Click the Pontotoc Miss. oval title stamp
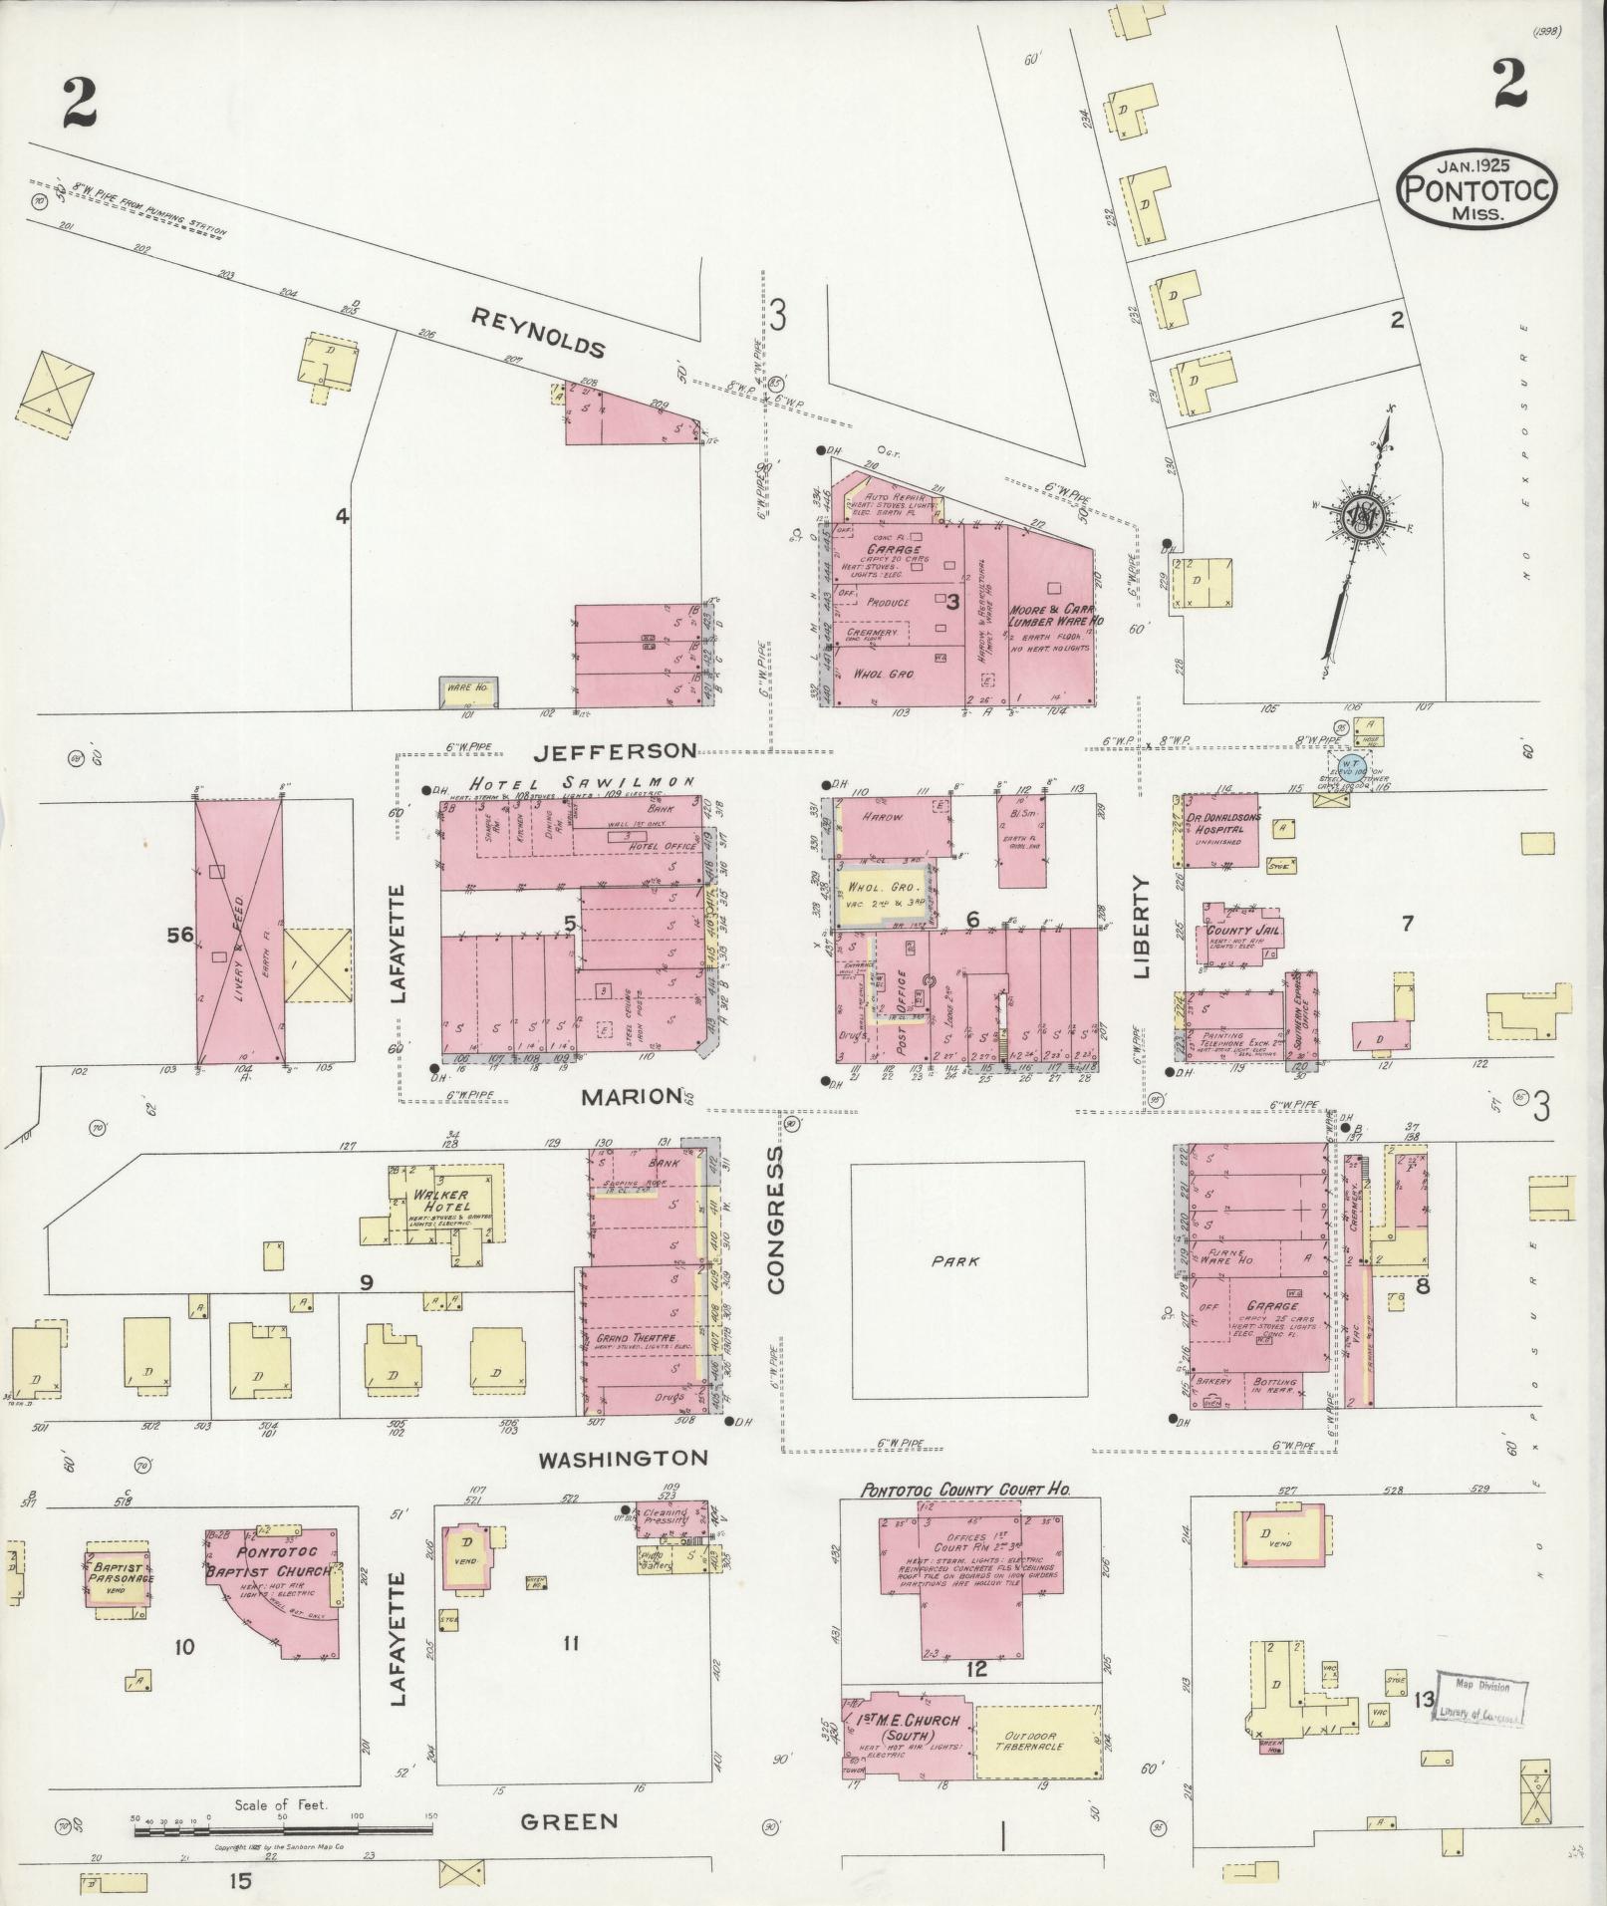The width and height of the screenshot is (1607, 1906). point(1477,189)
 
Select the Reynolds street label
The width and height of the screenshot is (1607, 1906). point(538,333)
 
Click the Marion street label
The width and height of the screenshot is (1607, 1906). point(630,1097)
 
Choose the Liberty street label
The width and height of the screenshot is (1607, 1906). point(1142,926)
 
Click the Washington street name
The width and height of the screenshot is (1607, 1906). point(623,1459)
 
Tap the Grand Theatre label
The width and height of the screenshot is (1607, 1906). point(636,1338)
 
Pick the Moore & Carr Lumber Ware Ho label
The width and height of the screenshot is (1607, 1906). point(1052,614)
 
